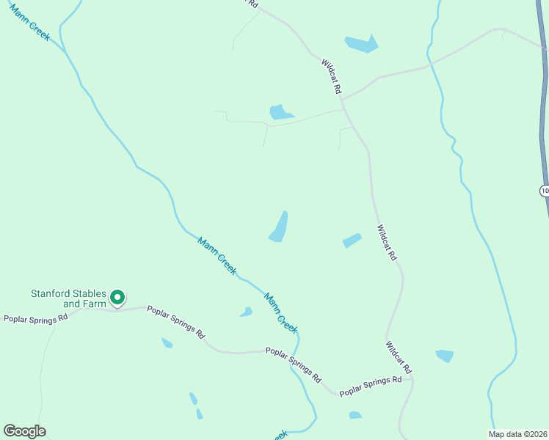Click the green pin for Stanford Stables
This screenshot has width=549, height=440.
[117, 298]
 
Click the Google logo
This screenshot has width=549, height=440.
[24, 431]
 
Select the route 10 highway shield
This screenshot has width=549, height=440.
[544, 191]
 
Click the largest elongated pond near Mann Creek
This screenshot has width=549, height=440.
[279, 227]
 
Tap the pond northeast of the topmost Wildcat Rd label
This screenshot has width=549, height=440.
[361, 44]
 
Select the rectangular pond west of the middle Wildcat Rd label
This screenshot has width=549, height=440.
[352, 241]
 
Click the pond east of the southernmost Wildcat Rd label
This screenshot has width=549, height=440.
[445, 356]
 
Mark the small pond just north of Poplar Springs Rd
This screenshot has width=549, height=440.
[246, 312]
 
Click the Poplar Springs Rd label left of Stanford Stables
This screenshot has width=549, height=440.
[35, 319]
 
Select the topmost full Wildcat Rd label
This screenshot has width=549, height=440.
[332, 76]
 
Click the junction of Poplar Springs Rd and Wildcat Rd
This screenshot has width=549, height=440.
[412, 380]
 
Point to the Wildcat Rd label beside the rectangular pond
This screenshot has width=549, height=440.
[387, 243]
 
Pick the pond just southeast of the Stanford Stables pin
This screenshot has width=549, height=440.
[167, 342]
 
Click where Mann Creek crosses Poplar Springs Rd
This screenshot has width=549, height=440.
[294, 352]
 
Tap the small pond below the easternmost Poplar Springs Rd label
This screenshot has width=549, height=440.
[355, 415]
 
